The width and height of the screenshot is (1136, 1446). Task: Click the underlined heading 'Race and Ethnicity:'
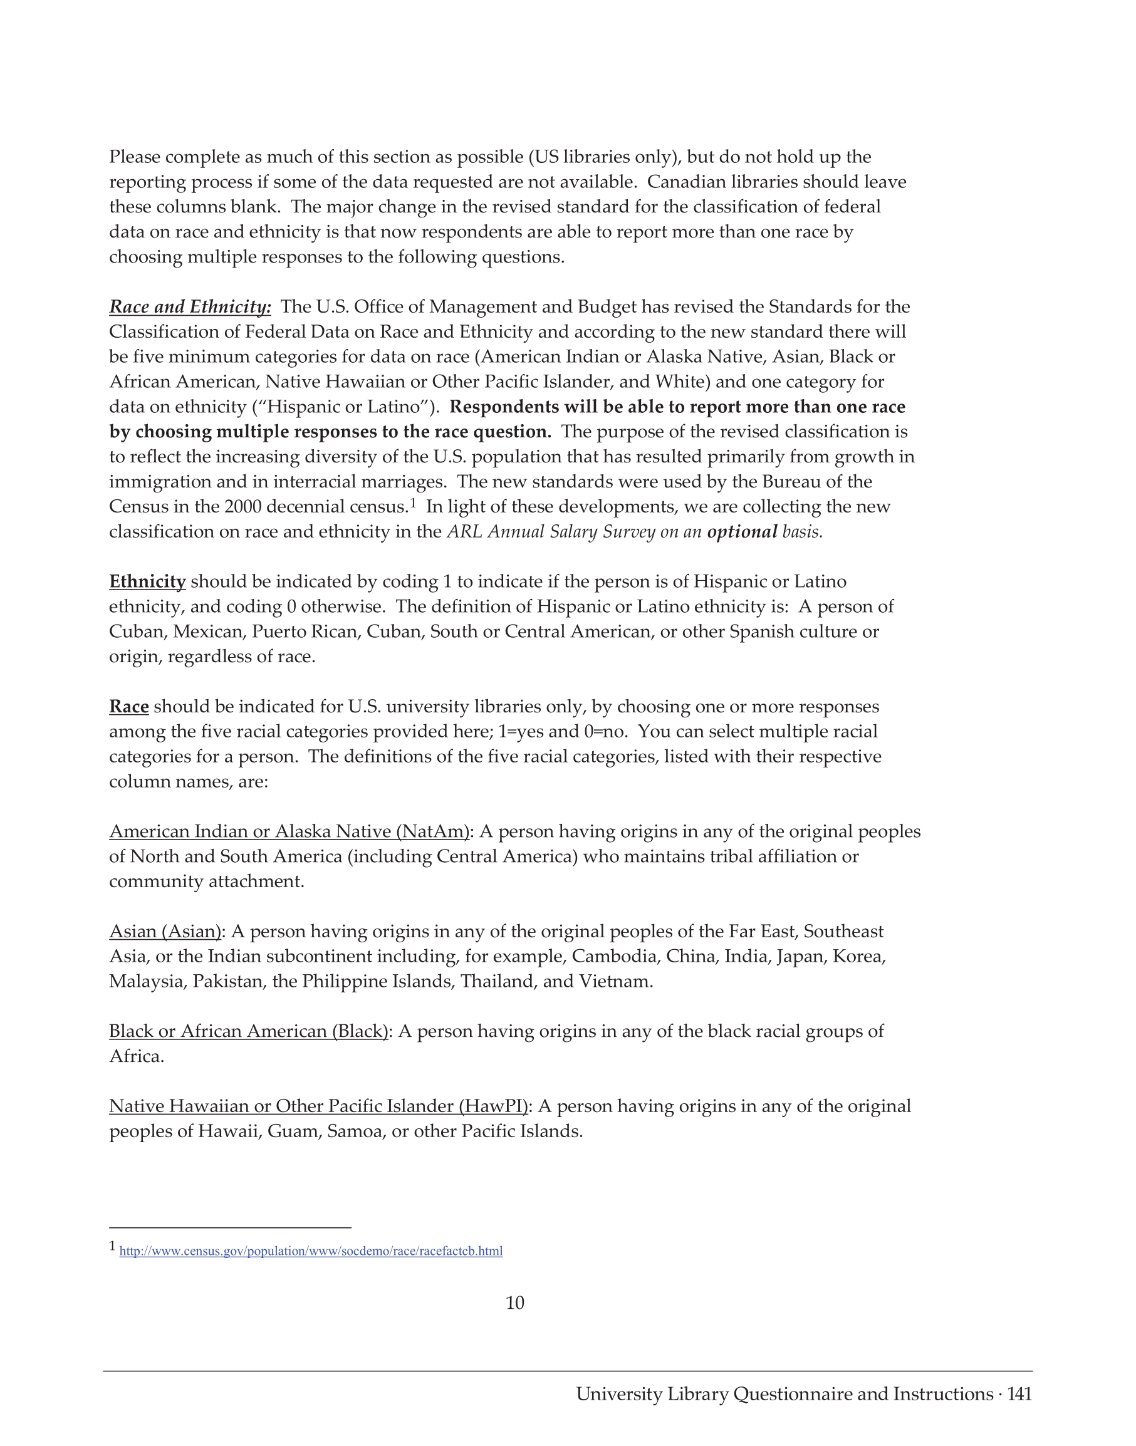click(x=190, y=306)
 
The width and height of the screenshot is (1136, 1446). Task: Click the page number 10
click(x=515, y=1303)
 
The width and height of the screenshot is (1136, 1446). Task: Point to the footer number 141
click(x=1019, y=1393)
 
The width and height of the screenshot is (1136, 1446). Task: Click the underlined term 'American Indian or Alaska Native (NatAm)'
click(x=289, y=831)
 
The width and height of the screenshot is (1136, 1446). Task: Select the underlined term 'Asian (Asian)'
click(x=165, y=931)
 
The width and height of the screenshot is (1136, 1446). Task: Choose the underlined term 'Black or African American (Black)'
click(x=248, y=1031)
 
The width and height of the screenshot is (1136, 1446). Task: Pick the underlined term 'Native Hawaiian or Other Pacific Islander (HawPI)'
click(x=318, y=1106)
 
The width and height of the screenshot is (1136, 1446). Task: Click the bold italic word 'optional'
click(x=742, y=532)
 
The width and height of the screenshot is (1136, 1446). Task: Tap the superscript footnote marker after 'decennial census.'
click(x=413, y=503)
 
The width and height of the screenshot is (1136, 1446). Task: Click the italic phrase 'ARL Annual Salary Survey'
click(x=551, y=532)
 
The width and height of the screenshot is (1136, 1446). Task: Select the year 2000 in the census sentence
click(x=242, y=507)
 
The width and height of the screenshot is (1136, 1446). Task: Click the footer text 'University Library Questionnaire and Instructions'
click(x=784, y=1393)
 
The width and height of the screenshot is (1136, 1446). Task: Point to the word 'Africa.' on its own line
click(x=137, y=1056)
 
